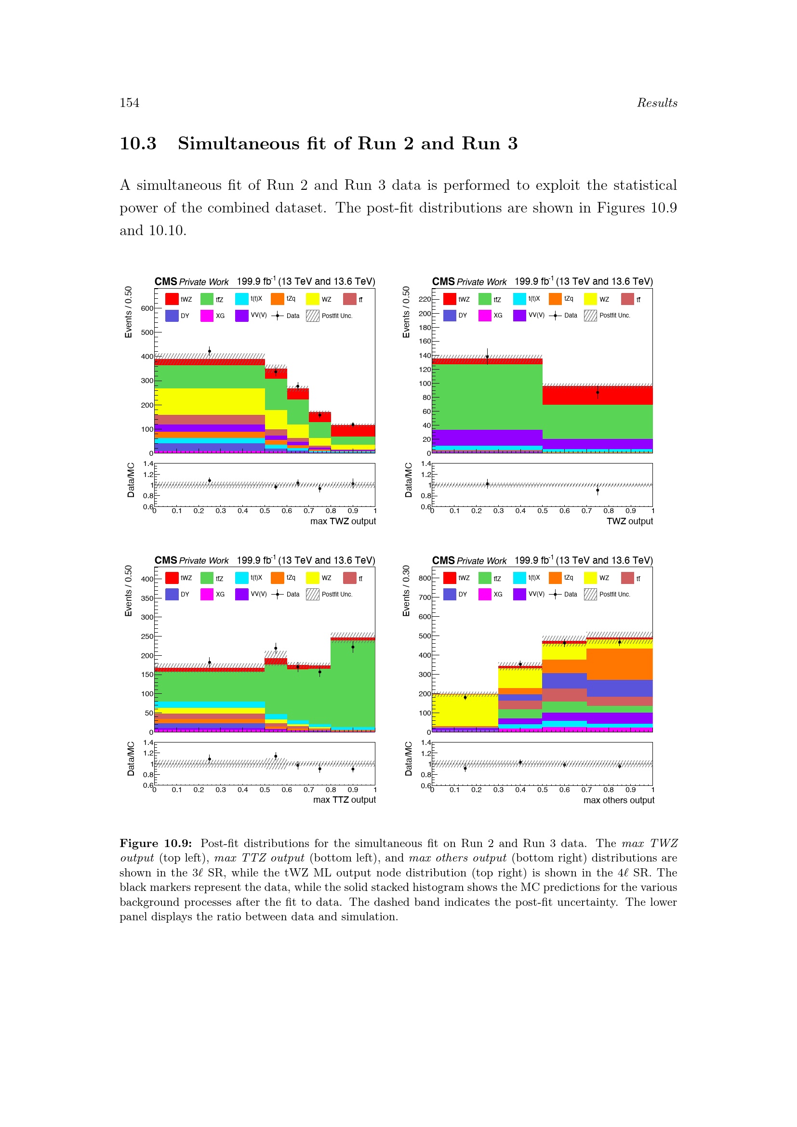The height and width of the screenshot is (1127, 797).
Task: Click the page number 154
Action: coord(130,103)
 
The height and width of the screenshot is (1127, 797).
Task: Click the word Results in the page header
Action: coord(657,103)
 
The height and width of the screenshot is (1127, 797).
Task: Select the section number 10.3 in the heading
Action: coord(138,143)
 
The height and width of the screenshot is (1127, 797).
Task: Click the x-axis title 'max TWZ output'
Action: coord(343,521)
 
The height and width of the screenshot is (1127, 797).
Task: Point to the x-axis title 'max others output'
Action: coord(618,800)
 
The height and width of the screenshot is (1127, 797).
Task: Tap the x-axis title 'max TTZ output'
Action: coord(344,800)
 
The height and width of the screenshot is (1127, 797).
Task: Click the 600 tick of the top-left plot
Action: coord(147,308)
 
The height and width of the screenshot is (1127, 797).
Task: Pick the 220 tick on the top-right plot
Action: coord(425,299)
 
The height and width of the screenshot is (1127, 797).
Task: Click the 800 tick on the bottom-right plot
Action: coord(425,578)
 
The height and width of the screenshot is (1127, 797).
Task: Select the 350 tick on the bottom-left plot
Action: coord(147,598)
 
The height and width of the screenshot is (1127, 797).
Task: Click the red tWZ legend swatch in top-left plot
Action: coord(172,299)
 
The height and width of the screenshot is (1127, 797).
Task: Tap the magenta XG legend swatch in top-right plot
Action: coord(485,315)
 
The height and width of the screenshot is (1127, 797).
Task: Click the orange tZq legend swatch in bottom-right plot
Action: coord(555,578)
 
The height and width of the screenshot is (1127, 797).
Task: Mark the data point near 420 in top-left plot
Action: coord(210,351)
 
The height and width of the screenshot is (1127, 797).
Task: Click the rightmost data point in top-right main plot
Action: coord(597,392)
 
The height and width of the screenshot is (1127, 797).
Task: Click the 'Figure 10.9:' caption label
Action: coord(155,843)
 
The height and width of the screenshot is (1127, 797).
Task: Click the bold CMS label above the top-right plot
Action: coord(443,281)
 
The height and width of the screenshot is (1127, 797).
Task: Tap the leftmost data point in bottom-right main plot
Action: coord(465,697)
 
